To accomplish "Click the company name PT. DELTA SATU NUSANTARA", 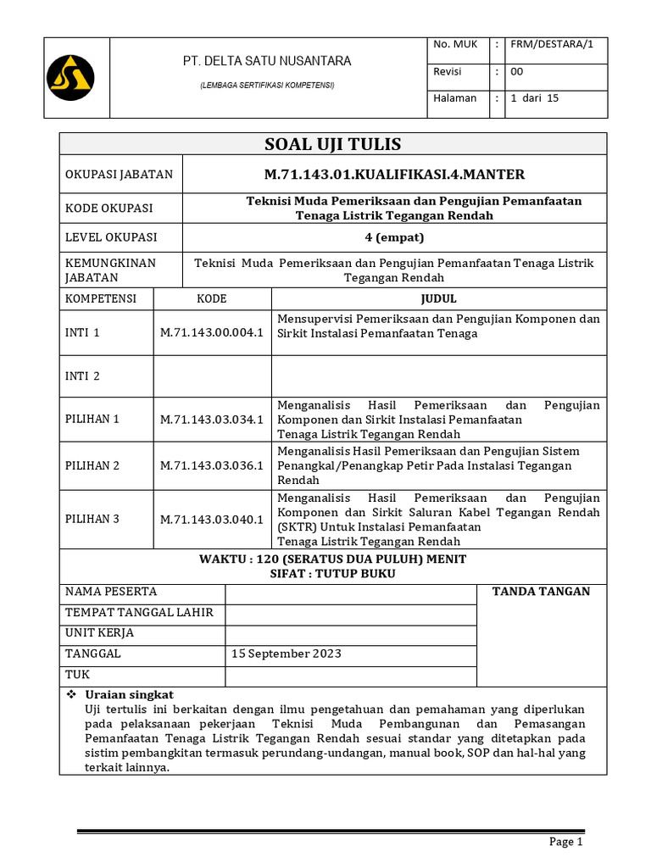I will click(267, 61).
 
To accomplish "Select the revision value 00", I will click(517, 72).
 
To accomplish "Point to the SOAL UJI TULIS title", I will click(332, 143).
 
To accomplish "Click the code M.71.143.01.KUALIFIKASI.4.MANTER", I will click(394, 175).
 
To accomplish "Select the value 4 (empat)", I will click(394, 237).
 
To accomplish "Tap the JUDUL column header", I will click(438, 298).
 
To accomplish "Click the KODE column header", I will click(212, 298).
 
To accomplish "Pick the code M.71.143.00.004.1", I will click(212, 333).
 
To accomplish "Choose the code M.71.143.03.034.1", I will click(212, 419).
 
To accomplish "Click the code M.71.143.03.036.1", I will click(212, 465).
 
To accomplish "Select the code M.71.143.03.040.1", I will click(212, 519).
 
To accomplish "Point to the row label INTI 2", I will click(82, 376).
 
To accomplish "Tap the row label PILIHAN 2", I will click(92, 465).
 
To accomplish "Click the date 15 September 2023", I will click(286, 654).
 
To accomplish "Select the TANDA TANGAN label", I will click(541, 592).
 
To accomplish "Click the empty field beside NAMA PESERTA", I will click(350, 593).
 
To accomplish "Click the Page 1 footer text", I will click(566, 842).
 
